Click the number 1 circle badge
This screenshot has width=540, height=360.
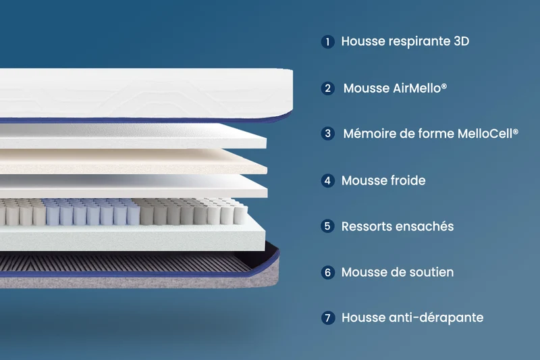[327, 42]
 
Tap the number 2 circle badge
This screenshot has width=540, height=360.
[327, 88]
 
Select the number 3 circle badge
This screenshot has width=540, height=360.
[327, 134]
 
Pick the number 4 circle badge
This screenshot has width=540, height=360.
[327, 180]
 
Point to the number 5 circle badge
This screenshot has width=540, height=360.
[327, 226]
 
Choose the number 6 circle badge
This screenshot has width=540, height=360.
[327, 272]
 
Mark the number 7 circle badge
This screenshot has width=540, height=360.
[327, 317]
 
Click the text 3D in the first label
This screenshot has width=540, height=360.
[462, 41]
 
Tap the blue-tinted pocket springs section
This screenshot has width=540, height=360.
[91, 213]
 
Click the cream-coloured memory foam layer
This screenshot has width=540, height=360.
[132, 161]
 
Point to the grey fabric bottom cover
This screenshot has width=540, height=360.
[138, 282]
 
